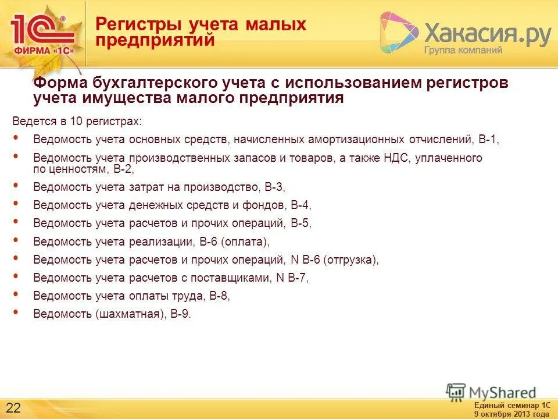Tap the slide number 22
(13, 406)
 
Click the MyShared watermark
(492, 392)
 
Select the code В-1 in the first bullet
(488, 140)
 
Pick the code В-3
(274, 187)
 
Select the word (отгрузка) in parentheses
(351, 260)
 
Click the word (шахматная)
(128, 314)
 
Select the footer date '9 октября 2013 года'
(511, 414)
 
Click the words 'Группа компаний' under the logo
(463, 50)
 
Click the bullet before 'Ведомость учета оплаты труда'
(15, 294)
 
